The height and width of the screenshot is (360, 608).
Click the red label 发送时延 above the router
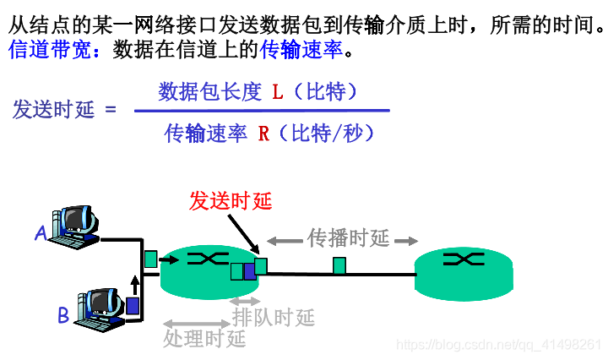click(x=231, y=200)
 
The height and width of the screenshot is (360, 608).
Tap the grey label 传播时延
click(x=348, y=238)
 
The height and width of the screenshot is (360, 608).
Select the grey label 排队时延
click(x=273, y=318)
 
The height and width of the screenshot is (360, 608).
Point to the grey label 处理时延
click(x=204, y=339)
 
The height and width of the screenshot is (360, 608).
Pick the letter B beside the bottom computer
click(x=62, y=316)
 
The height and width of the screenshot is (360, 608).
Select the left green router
click(x=204, y=270)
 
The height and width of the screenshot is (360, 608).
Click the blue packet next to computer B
click(x=133, y=305)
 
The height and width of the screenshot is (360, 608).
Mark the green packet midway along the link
click(x=339, y=266)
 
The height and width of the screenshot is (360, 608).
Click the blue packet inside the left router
click(x=249, y=271)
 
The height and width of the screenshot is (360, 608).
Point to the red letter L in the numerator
click(x=277, y=91)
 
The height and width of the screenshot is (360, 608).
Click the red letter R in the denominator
click(x=263, y=134)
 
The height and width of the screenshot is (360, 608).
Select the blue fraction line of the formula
click(x=262, y=111)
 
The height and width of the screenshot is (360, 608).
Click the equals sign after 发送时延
click(x=111, y=111)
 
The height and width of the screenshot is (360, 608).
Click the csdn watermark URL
click(x=498, y=345)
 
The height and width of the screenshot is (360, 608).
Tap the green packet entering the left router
click(x=150, y=259)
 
